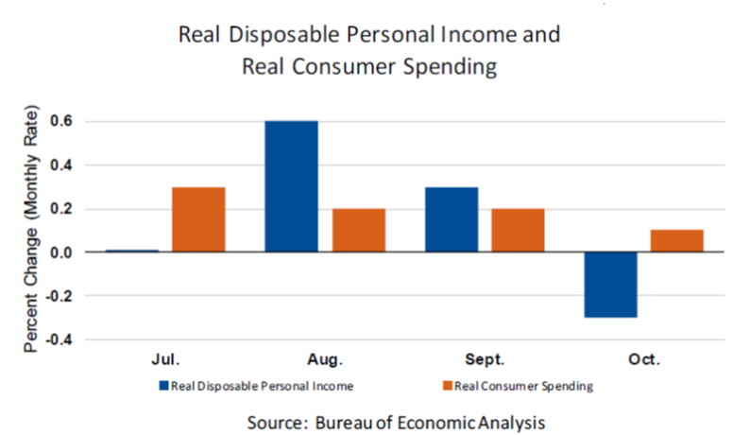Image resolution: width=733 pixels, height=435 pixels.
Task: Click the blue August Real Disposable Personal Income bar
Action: tap(291, 186)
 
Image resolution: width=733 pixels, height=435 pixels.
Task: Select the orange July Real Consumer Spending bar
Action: tap(197, 219)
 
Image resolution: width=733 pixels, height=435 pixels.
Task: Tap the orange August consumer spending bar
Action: tap(359, 230)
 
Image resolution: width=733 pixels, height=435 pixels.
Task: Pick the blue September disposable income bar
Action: tap(452, 219)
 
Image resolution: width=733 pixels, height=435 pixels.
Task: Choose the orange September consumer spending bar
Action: tap(518, 230)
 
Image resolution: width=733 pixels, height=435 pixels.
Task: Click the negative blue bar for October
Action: tap(610, 285)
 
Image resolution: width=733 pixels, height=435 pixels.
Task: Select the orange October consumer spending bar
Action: tap(677, 241)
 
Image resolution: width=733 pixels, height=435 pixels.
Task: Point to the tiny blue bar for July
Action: tap(131, 251)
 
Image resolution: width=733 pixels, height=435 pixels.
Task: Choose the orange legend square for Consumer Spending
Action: tap(447, 386)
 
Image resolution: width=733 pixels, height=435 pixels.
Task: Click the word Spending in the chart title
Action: tap(446, 67)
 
